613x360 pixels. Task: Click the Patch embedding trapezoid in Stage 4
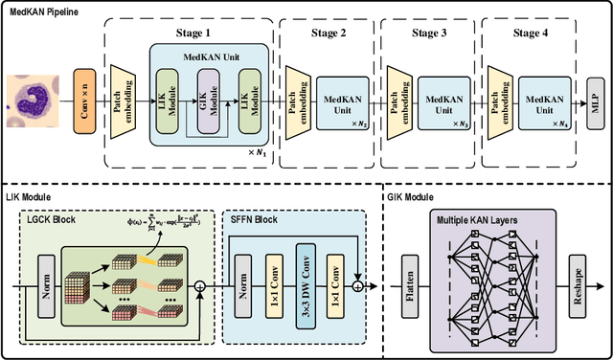(x=497, y=97)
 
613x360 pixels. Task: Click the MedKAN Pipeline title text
(x=43, y=12)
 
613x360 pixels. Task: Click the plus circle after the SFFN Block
(x=358, y=284)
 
